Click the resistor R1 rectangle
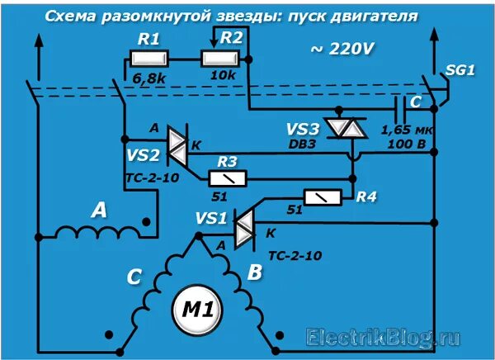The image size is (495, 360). point(149,59)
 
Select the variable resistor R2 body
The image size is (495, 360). point(222,59)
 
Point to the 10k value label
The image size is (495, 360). point(224,78)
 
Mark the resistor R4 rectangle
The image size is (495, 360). point(323,197)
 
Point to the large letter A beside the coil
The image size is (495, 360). point(99,210)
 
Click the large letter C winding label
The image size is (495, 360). point(134,277)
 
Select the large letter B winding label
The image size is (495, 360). point(256,272)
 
